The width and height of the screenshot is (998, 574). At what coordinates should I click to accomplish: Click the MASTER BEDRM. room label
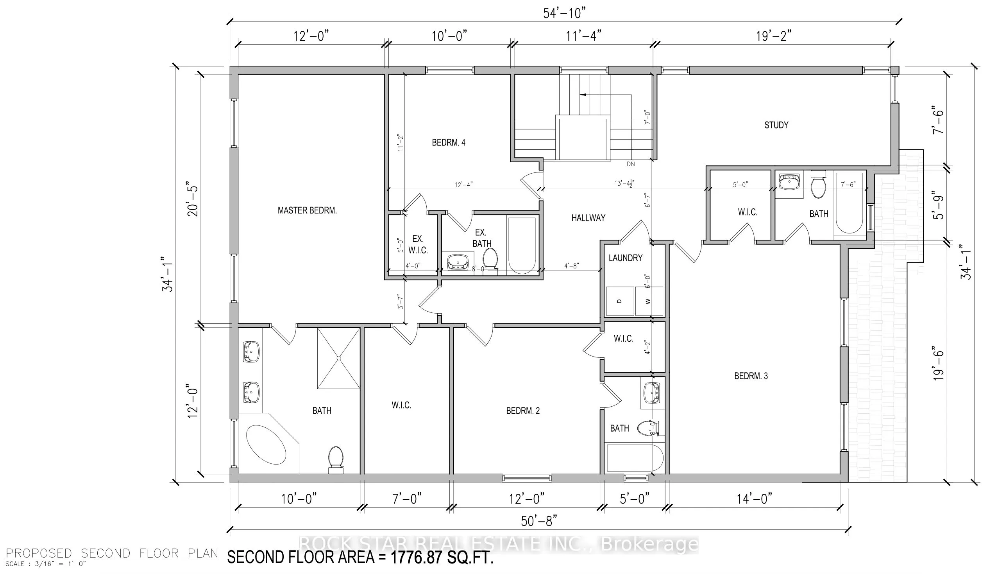point(307,210)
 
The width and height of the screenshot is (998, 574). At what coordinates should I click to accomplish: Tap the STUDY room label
point(776,125)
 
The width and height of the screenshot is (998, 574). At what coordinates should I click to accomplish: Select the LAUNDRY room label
point(625,258)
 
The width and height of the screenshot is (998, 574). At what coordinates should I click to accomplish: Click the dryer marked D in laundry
point(620,301)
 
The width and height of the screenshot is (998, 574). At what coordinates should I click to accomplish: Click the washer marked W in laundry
point(649,301)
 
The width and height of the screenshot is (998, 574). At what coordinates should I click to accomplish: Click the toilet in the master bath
point(335,459)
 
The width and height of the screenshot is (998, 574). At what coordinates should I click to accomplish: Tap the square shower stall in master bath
point(338,358)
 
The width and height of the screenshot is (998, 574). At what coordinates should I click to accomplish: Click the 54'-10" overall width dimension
point(565,13)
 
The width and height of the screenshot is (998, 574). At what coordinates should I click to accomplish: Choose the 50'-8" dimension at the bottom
point(538,521)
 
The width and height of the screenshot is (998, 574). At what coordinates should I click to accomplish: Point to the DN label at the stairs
point(630,164)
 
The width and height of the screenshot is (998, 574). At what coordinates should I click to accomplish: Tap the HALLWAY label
point(588,218)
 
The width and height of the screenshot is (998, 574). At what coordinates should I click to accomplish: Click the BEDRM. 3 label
point(751,376)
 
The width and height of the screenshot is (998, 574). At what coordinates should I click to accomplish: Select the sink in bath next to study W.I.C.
point(790,182)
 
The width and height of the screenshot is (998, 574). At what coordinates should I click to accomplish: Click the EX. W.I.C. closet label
point(418,244)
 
